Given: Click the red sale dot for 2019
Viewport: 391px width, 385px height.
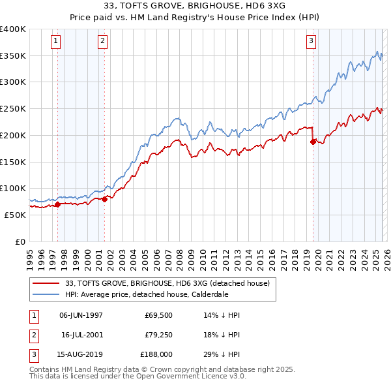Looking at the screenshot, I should coord(313,142).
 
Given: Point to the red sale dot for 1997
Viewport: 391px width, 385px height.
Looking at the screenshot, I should coord(57,204).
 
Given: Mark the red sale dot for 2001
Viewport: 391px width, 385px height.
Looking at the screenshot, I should coord(104,199).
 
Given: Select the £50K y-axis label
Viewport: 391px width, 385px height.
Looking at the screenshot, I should coord(15,215).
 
